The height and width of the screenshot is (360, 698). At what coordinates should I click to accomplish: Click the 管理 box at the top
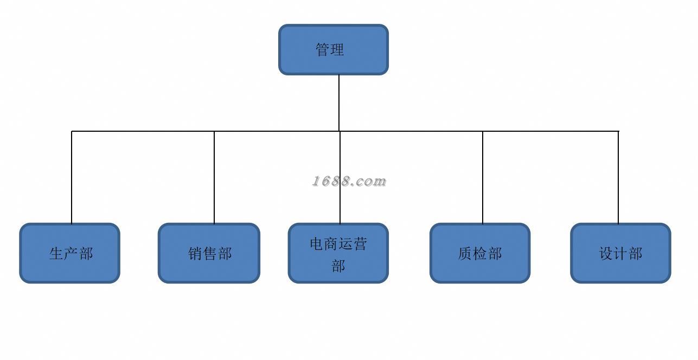[x=334, y=49]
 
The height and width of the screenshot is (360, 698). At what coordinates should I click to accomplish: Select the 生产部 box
[x=69, y=253]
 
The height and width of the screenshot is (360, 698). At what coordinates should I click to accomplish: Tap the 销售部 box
[x=209, y=253]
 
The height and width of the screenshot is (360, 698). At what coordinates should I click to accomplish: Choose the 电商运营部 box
[x=338, y=253]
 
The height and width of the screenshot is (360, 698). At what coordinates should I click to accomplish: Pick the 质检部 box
[x=480, y=253]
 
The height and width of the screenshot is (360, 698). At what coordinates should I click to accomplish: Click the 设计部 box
[x=621, y=253]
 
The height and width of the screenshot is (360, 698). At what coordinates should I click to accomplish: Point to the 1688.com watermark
[x=349, y=181]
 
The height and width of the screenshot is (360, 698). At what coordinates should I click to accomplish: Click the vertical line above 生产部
[x=72, y=177]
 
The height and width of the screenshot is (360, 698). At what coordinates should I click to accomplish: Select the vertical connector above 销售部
[x=214, y=177]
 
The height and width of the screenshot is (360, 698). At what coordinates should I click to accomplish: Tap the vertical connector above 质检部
[x=483, y=177]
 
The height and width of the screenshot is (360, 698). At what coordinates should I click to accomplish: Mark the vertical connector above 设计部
[x=618, y=177]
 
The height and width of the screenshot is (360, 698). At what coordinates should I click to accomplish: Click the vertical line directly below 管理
[x=339, y=103]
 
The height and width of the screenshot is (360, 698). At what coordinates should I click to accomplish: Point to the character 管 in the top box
[x=323, y=50]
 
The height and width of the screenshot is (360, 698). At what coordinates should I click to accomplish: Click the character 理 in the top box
[x=337, y=50]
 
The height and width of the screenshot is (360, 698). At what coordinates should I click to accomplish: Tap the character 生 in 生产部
[x=56, y=254]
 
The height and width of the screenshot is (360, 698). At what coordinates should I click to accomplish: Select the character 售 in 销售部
[x=210, y=254]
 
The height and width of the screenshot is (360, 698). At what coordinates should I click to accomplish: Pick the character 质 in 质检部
[x=465, y=254]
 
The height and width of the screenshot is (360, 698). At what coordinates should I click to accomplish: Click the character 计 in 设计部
[x=621, y=254]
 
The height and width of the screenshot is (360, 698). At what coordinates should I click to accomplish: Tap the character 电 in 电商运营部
[x=317, y=244]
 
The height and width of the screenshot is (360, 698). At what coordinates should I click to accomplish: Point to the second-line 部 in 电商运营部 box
[x=338, y=266]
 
